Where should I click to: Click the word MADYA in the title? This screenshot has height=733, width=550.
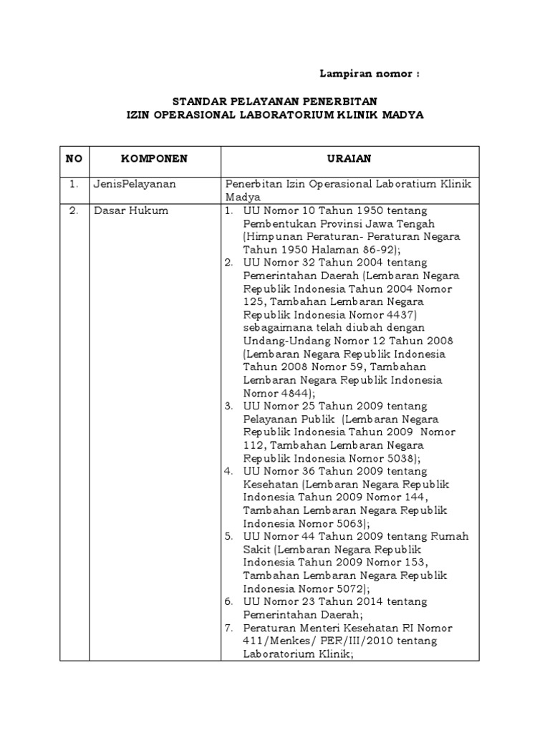click(x=403, y=115)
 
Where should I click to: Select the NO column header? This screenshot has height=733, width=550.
click(x=74, y=159)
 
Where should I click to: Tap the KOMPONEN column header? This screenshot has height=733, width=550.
click(x=154, y=159)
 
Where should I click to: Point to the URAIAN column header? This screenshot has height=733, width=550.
click(x=350, y=159)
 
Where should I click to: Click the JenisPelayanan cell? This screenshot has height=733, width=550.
click(x=135, y=184)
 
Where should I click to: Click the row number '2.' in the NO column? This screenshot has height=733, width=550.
click(x=74, y=210)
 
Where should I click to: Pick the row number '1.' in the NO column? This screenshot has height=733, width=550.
click(x=74, y=184)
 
